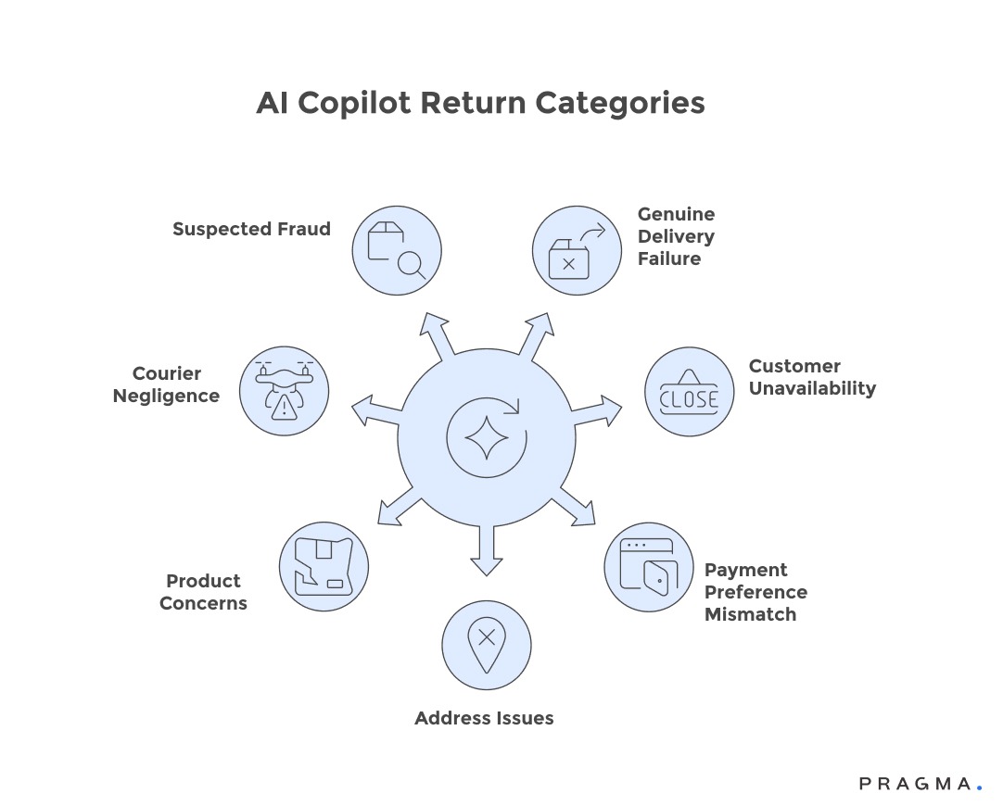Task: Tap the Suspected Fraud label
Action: [251, 229]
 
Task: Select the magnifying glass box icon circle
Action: [397, 250]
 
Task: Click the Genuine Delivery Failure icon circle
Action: [577, 250]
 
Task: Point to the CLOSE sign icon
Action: [689, 392]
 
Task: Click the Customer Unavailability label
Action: [812, 377]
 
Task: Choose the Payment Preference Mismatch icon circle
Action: [649, 567]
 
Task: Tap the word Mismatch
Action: [750, 614]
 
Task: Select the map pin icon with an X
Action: [487, 645]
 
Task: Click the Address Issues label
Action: [484, 718]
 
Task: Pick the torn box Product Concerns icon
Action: [324, 567]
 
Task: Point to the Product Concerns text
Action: [203, 592]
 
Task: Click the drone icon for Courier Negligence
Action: [284, 391]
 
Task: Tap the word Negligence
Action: [166, 396]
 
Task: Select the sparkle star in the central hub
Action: [487, 436]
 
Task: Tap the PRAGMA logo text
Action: [916, 784]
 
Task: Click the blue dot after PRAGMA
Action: [979, 787]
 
